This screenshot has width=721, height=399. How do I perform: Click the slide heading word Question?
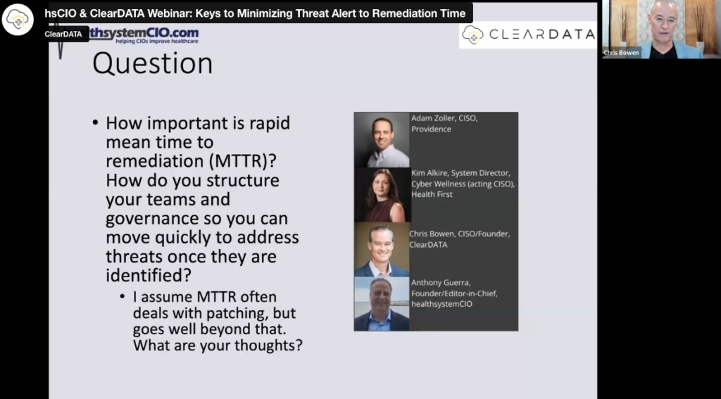point(152,63)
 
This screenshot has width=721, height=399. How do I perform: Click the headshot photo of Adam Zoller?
point(382,140)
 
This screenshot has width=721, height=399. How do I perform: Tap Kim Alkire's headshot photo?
point(382,195)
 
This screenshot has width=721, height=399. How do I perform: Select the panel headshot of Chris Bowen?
point(382,250)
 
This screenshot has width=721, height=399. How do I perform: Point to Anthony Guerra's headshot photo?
point(382,304)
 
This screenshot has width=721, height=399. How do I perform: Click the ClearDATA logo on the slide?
point(528,35)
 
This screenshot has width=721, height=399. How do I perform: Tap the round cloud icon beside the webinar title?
point(18,19)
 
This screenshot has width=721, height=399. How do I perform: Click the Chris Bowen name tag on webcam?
point(621,52)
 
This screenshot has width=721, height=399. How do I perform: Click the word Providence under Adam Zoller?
point(425,129)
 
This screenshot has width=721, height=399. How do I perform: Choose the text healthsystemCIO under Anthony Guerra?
point(441,304)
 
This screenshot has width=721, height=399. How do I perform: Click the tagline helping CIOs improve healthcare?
point(157,42)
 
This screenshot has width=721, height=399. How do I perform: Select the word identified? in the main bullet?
point(149,276)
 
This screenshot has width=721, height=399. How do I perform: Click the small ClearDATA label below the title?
point(63,34)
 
